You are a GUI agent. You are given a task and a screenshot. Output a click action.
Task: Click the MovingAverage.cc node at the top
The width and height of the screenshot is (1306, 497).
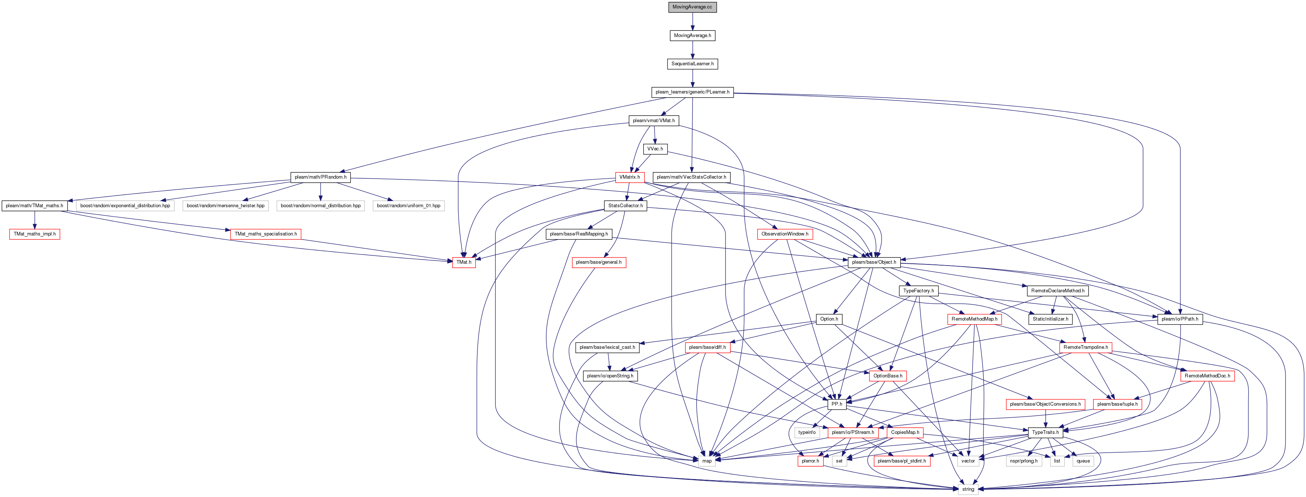pos(692,7)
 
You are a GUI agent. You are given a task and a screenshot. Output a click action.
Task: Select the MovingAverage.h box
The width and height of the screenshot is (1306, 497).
pos(692,36)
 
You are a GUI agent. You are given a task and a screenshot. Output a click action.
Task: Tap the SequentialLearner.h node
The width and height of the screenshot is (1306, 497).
pos(692,64)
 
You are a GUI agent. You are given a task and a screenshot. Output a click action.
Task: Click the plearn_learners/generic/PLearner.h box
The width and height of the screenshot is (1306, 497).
pos(692,92)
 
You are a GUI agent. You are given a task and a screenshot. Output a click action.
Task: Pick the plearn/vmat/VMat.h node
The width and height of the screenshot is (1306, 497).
pos(654,121)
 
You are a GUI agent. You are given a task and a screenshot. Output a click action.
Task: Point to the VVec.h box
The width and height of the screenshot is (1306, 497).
pos(655,149)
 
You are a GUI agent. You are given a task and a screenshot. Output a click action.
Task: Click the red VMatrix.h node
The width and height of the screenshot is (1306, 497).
pos(630,177)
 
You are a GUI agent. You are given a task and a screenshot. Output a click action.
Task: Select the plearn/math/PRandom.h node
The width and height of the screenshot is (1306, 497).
pos(321,177)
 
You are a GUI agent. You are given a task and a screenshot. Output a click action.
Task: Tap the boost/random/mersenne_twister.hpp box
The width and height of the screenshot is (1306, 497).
pos(225,206)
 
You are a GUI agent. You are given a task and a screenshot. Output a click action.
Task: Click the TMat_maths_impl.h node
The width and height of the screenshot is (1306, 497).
pos(35,234)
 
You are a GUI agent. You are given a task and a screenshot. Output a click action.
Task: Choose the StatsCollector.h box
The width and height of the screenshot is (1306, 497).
pos(625,206)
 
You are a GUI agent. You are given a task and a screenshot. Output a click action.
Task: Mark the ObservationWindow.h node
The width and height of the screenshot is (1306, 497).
pos(785,234)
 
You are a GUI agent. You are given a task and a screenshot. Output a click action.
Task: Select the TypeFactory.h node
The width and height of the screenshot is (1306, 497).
pos(918,291)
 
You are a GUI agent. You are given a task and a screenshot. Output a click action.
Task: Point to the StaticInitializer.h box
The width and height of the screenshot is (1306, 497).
pos(1050,319)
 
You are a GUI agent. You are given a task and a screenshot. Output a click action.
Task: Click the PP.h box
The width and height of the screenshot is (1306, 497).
pos(836,404)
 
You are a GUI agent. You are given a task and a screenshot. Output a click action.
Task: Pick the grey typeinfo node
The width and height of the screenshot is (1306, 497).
pos(807,433)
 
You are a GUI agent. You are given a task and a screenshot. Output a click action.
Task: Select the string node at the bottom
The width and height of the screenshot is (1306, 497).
pos(968,489)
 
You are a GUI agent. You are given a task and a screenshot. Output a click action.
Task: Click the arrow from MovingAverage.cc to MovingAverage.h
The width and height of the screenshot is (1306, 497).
pos(692,21)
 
